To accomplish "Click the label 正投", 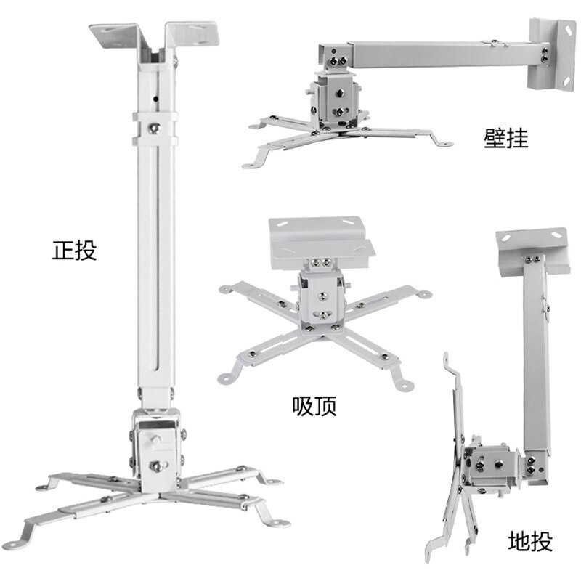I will (74, 251).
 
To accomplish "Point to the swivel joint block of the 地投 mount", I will (494, 465).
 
